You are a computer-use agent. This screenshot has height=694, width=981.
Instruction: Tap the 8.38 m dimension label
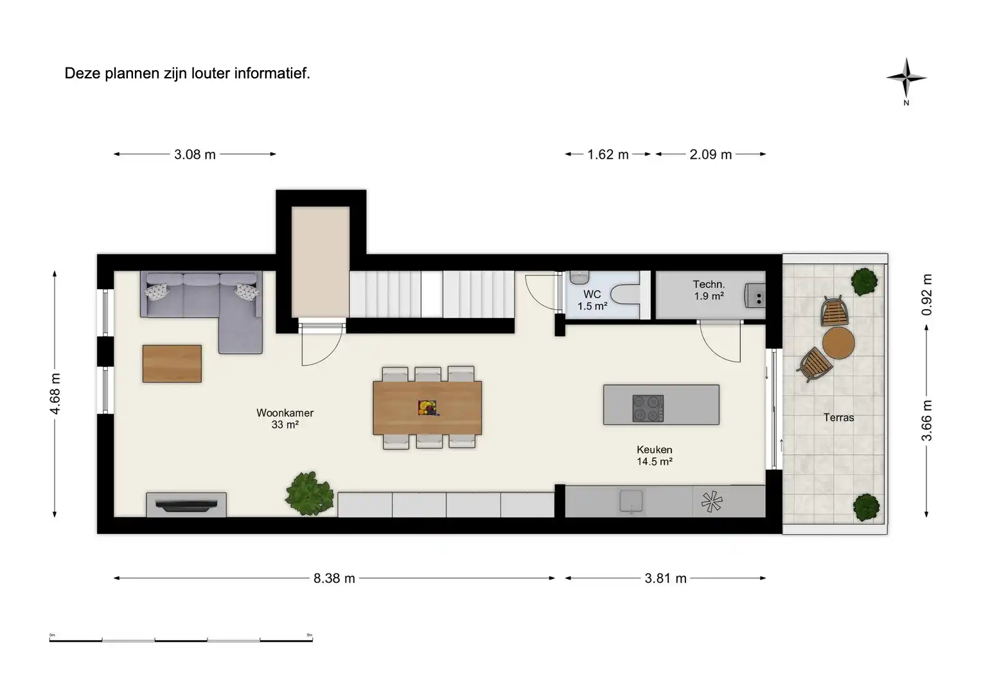(x=334, y=578)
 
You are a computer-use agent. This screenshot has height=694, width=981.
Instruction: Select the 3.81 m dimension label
(x=666, y=578)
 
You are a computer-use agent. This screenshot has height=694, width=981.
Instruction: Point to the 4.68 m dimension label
(x=55, y=393)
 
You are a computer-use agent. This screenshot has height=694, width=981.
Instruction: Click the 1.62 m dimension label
(x=608, y=154)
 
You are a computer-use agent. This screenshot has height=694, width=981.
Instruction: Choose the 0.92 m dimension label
(x=926, y=295)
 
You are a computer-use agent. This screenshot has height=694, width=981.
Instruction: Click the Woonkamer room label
(x=285, y=413)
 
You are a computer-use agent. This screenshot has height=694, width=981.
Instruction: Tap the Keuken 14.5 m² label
(x=654, y=456)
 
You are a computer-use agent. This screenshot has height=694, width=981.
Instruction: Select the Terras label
(x=838, y=418)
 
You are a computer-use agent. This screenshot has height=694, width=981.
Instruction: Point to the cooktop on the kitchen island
(x=648, y=408)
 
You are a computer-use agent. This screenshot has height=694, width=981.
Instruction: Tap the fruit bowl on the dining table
(x=427, y=407)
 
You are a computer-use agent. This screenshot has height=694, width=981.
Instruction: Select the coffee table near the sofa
(x=172, y=364)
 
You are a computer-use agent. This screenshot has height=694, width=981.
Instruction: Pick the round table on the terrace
(x=838, y=343)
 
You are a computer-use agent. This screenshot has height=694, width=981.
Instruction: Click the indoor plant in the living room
(x=310, y=493)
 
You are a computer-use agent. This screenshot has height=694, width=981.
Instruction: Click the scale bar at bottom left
(x=181, y=640)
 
